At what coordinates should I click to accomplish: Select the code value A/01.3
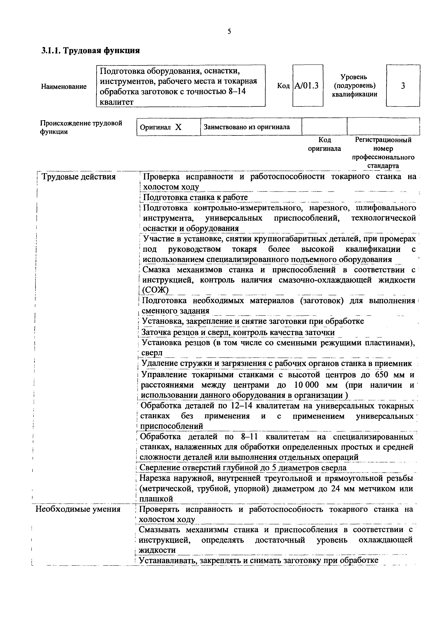pyautogui.click(x=307, y=86)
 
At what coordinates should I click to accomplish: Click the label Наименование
pyautogui.click(x=64, y=87)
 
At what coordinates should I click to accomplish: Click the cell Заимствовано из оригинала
pyautogui.click(x=247, y=127)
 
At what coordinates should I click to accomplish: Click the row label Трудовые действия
pyautogui.click(x=78, y=177)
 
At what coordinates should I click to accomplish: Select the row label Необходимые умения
pyautogui.click(x=78, y=509)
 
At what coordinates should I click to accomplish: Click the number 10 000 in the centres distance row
pyautogui.click(x=307, y=385)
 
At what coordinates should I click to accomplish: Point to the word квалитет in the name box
pyautogui.click(x=117, y=102)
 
